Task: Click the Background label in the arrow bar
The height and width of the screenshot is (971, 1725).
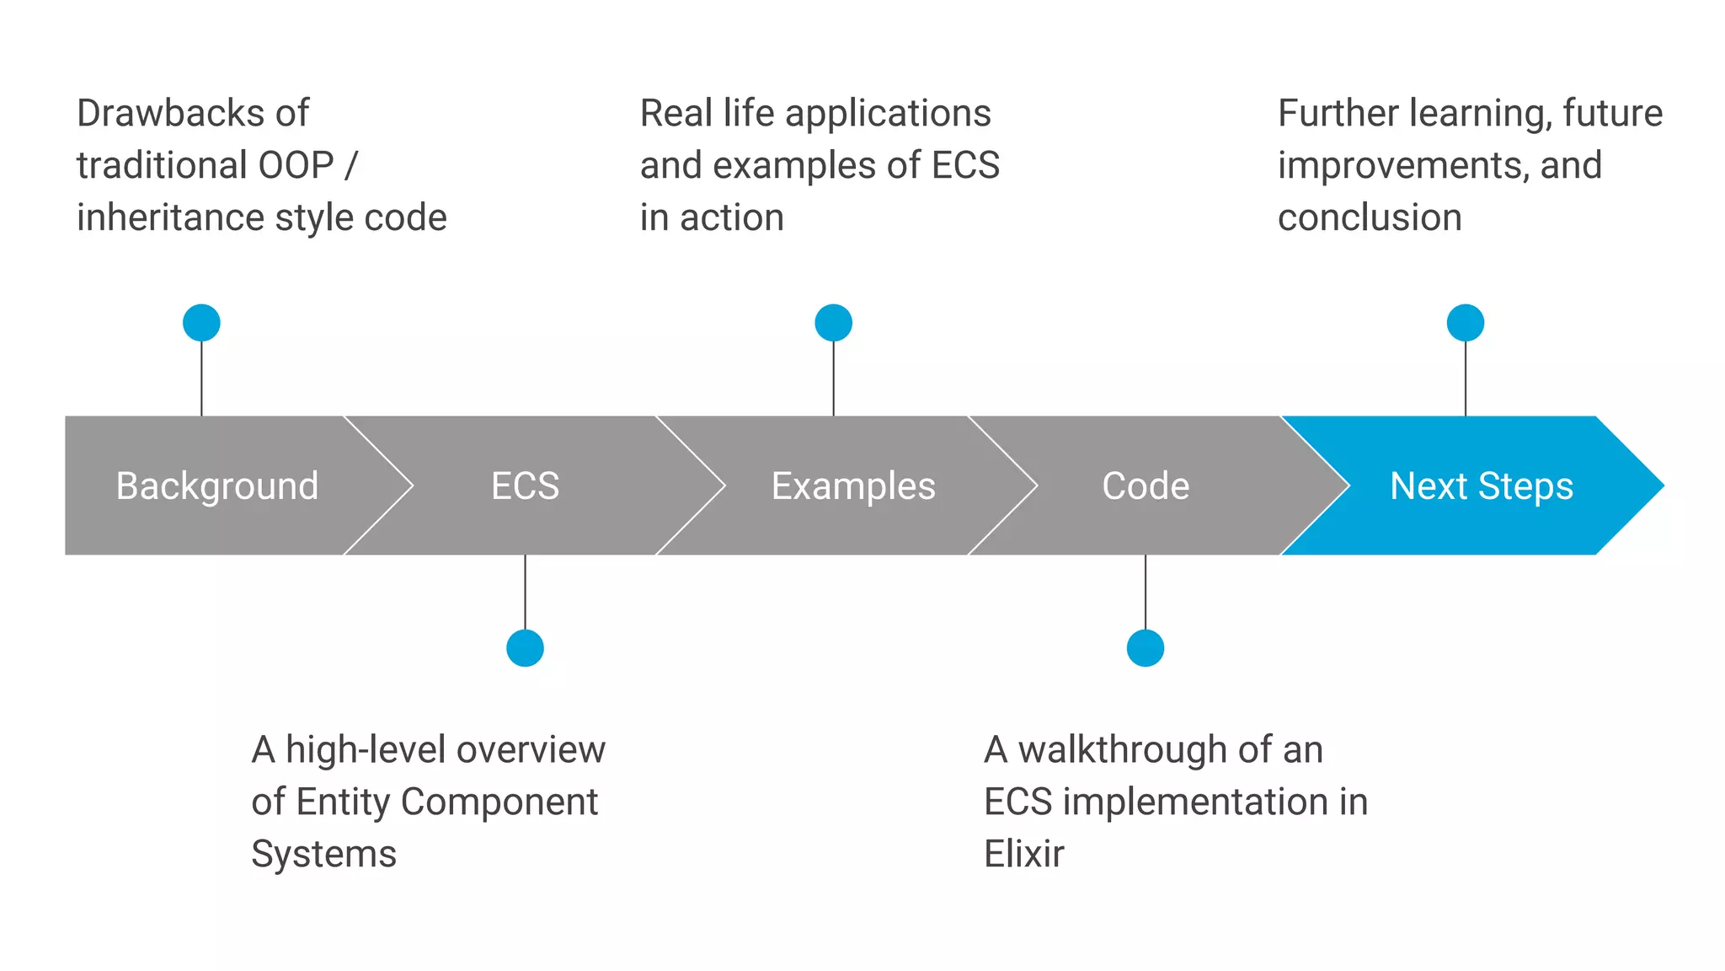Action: tap(217, 486)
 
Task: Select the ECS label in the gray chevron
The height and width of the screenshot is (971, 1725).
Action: tap(525, 486)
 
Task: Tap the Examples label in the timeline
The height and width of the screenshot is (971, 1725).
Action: tap(853, 486)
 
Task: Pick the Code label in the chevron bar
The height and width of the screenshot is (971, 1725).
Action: tap(1146, 486)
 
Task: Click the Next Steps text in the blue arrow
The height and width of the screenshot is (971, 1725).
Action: tap(1481, 486)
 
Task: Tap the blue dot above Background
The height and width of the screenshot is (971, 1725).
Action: tap(201, 323)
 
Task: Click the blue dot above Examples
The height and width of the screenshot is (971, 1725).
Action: tap(833, 323)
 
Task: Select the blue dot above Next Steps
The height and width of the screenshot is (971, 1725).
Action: tap(1465, 323)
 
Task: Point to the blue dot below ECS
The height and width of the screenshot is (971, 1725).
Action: tap(525, 648)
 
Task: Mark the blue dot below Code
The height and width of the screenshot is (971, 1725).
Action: tap(1145, 648)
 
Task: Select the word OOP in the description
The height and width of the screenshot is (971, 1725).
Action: tap(296, 165)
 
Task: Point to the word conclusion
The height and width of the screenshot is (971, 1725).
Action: tap(1370, 217)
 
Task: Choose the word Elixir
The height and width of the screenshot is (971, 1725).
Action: tap(1023, 854)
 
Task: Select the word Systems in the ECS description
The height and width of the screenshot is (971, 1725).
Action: tap(323, 855)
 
